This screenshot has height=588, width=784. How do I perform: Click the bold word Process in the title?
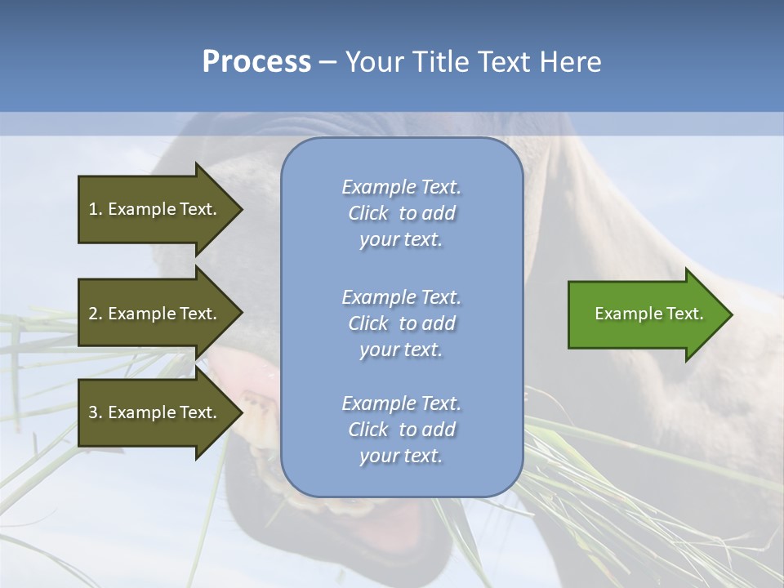[x=256, y=62]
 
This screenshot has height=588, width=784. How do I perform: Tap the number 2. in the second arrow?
[x=96, y=314]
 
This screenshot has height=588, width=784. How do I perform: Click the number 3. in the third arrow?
[x=96, y=412]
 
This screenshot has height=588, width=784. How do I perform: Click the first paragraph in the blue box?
[x=401, y=213]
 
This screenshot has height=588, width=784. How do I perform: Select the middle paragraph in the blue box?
[x=401, y=323]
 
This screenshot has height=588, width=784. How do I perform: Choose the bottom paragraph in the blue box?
[x=401, y=430]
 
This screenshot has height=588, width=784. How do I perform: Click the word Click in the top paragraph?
[x=368, y=213]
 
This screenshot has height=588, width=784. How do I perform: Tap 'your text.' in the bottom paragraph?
[x=401, y=456]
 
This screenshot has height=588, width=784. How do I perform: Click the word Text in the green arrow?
[x=686, y=314]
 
